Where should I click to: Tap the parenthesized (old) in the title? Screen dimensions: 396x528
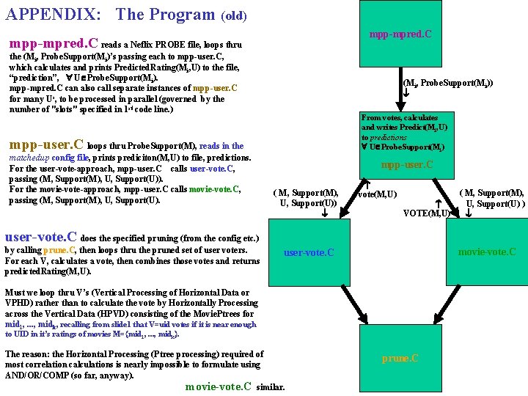click(x=233, y=15)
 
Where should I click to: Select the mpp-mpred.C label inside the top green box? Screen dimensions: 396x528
click(x=400, y=34)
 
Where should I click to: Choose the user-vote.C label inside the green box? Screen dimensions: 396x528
click(x=309, y=252)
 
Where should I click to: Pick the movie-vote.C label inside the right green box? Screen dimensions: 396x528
click(x=486, y=252)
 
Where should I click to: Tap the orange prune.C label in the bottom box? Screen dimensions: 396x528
click(x=400, y=359)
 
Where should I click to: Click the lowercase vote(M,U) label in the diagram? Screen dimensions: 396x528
click(x=378, y=194)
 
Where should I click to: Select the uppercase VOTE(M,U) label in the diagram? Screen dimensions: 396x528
click(x=427, y=213)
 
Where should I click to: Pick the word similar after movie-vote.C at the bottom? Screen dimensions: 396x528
click(x=271, y=386)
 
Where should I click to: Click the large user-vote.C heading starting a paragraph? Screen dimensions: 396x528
click(x=41, y=237)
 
